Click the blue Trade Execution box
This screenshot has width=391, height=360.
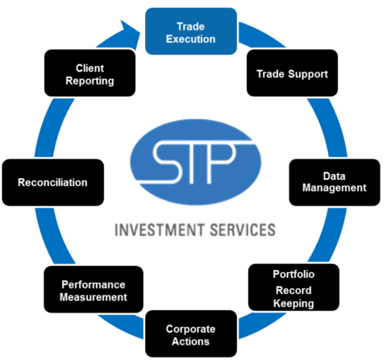coord(191,31)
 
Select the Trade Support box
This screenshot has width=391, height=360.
coord(292,72)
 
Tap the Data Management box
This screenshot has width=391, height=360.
coord(335,182)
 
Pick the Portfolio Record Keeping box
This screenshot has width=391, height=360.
coord(293,288)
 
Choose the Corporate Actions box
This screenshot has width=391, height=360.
coord(191,333)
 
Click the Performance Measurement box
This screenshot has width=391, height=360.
coord(94,289)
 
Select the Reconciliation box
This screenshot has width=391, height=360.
coord(53,182)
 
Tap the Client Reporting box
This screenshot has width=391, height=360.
coord(89,72)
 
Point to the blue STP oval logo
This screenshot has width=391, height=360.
coord(196,162)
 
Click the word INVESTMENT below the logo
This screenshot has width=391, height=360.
coord(160,230)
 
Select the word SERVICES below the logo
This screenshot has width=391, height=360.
coord(243,230)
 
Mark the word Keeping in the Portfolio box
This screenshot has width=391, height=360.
coord(293,304)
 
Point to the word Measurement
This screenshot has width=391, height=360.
coord(94,297)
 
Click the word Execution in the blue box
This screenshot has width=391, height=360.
coord(191,39)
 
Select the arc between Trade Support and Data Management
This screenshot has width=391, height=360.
coord(330,127)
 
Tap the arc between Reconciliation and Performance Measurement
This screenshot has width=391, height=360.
coord(53,236)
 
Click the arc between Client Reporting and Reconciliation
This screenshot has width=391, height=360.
coord(52,127)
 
